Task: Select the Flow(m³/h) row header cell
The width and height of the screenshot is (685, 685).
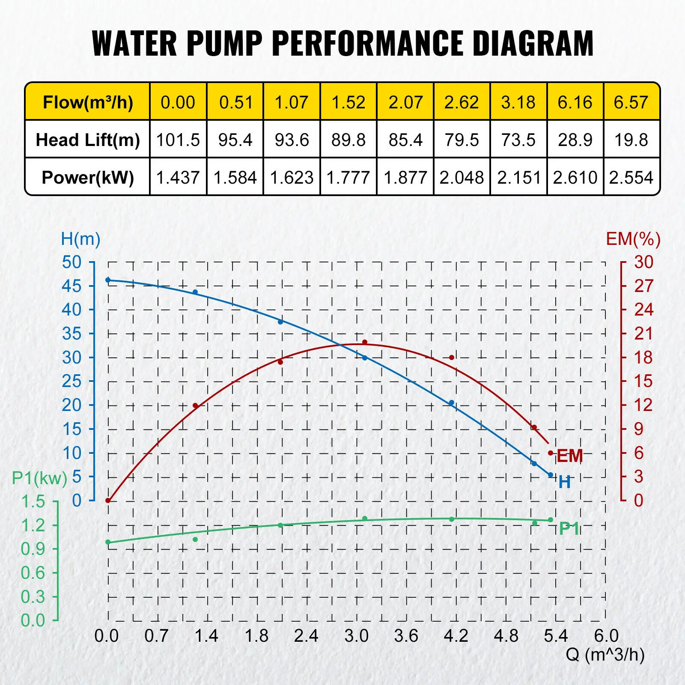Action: (88, 102)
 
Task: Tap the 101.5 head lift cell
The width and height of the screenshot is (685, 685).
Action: (178, 140)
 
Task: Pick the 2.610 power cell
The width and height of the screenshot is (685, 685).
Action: (575, 177)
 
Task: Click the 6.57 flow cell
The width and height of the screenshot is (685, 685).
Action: (631, 102)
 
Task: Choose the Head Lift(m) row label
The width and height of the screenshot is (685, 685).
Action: (88, 140)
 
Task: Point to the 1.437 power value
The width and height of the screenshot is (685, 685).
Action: (178, 177)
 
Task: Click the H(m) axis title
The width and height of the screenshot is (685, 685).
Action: (80, 239)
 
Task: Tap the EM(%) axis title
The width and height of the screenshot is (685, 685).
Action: (633, 239)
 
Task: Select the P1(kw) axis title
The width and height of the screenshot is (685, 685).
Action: (39, 478)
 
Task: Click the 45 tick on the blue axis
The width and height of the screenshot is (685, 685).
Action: (71, 286)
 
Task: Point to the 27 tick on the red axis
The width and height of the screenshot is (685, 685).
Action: (643, 286)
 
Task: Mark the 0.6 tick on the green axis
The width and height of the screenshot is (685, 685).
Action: (33, 573)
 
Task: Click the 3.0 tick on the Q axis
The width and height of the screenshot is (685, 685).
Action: (356, 636)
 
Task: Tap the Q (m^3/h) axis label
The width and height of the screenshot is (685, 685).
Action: (605, 654)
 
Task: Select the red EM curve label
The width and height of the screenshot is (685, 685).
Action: (570, 456)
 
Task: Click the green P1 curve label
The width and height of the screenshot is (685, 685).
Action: (569, 529)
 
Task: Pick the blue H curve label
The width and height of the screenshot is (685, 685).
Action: (565, 482)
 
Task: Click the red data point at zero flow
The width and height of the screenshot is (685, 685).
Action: (108, 500)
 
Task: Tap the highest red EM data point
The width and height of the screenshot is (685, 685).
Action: (365, 342)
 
